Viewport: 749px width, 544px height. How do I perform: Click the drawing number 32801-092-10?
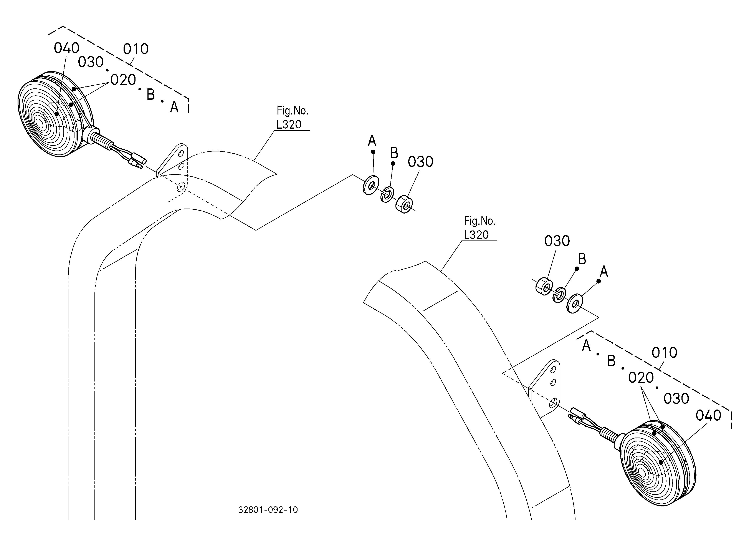pyautogui.click(x=268, y=510)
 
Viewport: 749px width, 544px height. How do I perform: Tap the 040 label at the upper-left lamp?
pyautogui.click(x=67, y=48)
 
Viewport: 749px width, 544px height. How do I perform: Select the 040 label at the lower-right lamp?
pyautogui.click(x=708, y=416)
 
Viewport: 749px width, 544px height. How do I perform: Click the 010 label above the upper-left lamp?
pyautogui.click(x=136, y=49)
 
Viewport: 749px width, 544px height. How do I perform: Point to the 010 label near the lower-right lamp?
pyautogui.click(x=665, y=353)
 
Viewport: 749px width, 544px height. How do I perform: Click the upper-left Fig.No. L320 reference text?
pyautogui.click(x=292, y=118)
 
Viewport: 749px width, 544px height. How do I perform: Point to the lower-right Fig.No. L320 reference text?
pyautogui.click(x=479, y=228)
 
